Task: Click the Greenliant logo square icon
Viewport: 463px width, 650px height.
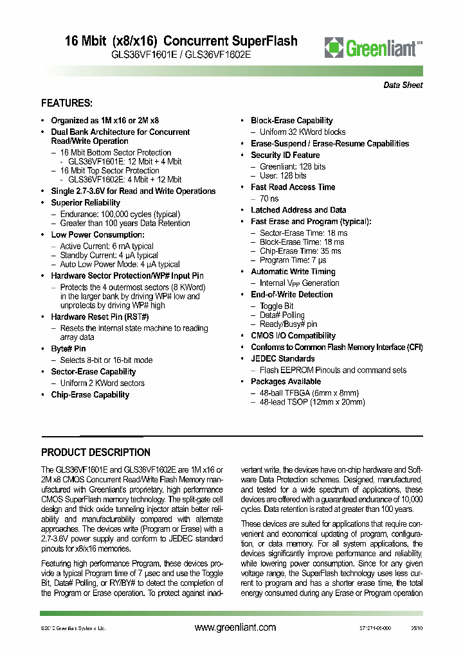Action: (x=334, y=48)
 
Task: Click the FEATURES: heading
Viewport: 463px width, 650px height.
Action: (x=67, y=103)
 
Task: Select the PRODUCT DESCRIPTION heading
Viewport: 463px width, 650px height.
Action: (x=96, y=452)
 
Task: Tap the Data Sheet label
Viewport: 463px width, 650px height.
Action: (x=403, y=85)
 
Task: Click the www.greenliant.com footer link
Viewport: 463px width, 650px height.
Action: (x=235, y=628)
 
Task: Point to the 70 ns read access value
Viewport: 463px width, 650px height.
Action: (x=268, y=198)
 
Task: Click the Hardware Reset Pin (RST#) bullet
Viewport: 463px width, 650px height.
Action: (x=100, y=317)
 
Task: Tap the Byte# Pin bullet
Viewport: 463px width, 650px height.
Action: (x=68, y=349)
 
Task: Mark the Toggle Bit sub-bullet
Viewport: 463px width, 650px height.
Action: (x=277, y=306)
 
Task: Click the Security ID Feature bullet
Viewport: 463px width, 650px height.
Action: (x=285, y=155)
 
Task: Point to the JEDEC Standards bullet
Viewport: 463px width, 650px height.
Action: (x=282, y=358)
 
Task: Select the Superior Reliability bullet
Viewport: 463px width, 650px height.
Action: (x=86, y=202)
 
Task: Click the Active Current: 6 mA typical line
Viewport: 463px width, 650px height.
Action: (x=107, y=246)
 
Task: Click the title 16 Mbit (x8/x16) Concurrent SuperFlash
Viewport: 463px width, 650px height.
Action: (x=181, y=41)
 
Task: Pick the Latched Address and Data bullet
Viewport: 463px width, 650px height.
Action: (x=298, y=210)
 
